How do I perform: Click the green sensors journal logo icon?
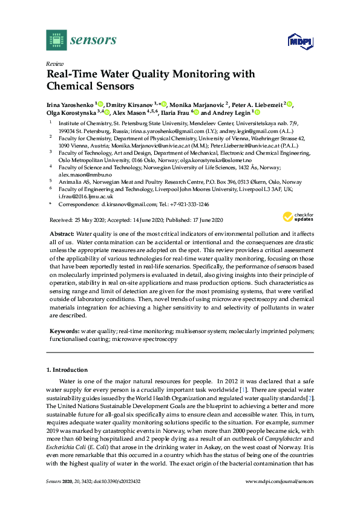[x=56, y=40]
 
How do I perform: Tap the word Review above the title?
[x=55, y=63]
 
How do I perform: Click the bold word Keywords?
[x=63, y=332]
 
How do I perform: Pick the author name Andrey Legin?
[x=232, y=112]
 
